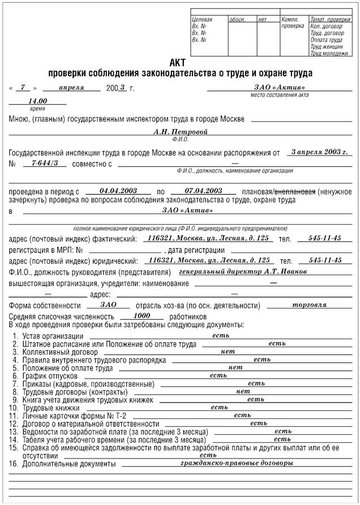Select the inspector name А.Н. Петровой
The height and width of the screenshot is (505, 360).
tap(181, 131)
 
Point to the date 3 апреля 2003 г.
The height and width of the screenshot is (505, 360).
tap(316, 152)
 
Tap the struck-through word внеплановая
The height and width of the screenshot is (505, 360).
tap(294, 192)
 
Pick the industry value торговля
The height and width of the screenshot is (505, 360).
tap(308, 304)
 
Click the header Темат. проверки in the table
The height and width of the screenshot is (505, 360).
tap(330, 20)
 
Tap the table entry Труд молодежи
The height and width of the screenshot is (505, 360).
tap(329, 53)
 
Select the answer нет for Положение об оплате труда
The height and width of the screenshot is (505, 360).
tap(235, 367)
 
